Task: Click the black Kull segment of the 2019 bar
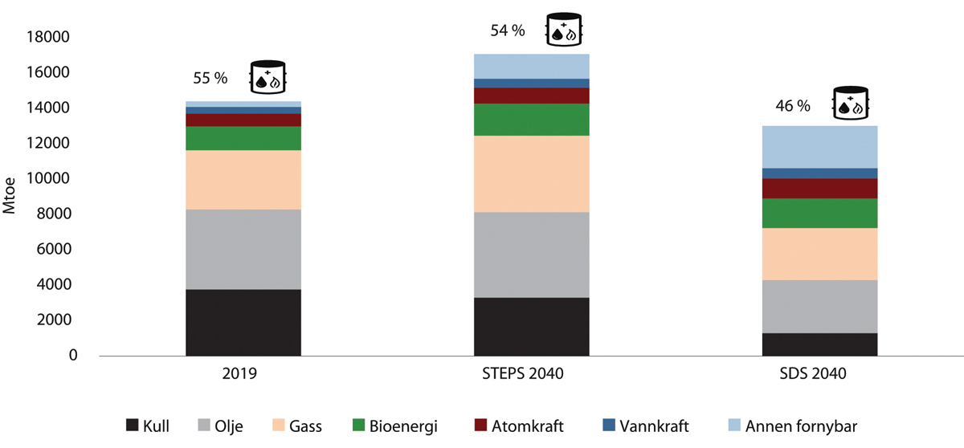click(243, 322)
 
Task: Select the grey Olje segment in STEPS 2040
click(531, 255)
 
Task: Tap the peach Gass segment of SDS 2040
click(819, 254)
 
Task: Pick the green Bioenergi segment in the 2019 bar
click(243, 138)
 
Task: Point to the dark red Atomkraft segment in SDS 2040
click(819, 188)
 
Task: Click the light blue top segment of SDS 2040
click(819, 146)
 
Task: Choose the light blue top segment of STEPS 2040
click(531, 66)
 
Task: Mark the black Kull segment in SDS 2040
click(819, 344)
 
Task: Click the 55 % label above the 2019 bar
click(210, 79)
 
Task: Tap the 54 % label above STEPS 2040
click(508, 31)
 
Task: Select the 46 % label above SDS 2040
click(792, 106)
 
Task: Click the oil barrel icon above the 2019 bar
click(268, 76)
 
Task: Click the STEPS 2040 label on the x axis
click(530, 373)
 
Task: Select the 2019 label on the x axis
click(243, 373)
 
